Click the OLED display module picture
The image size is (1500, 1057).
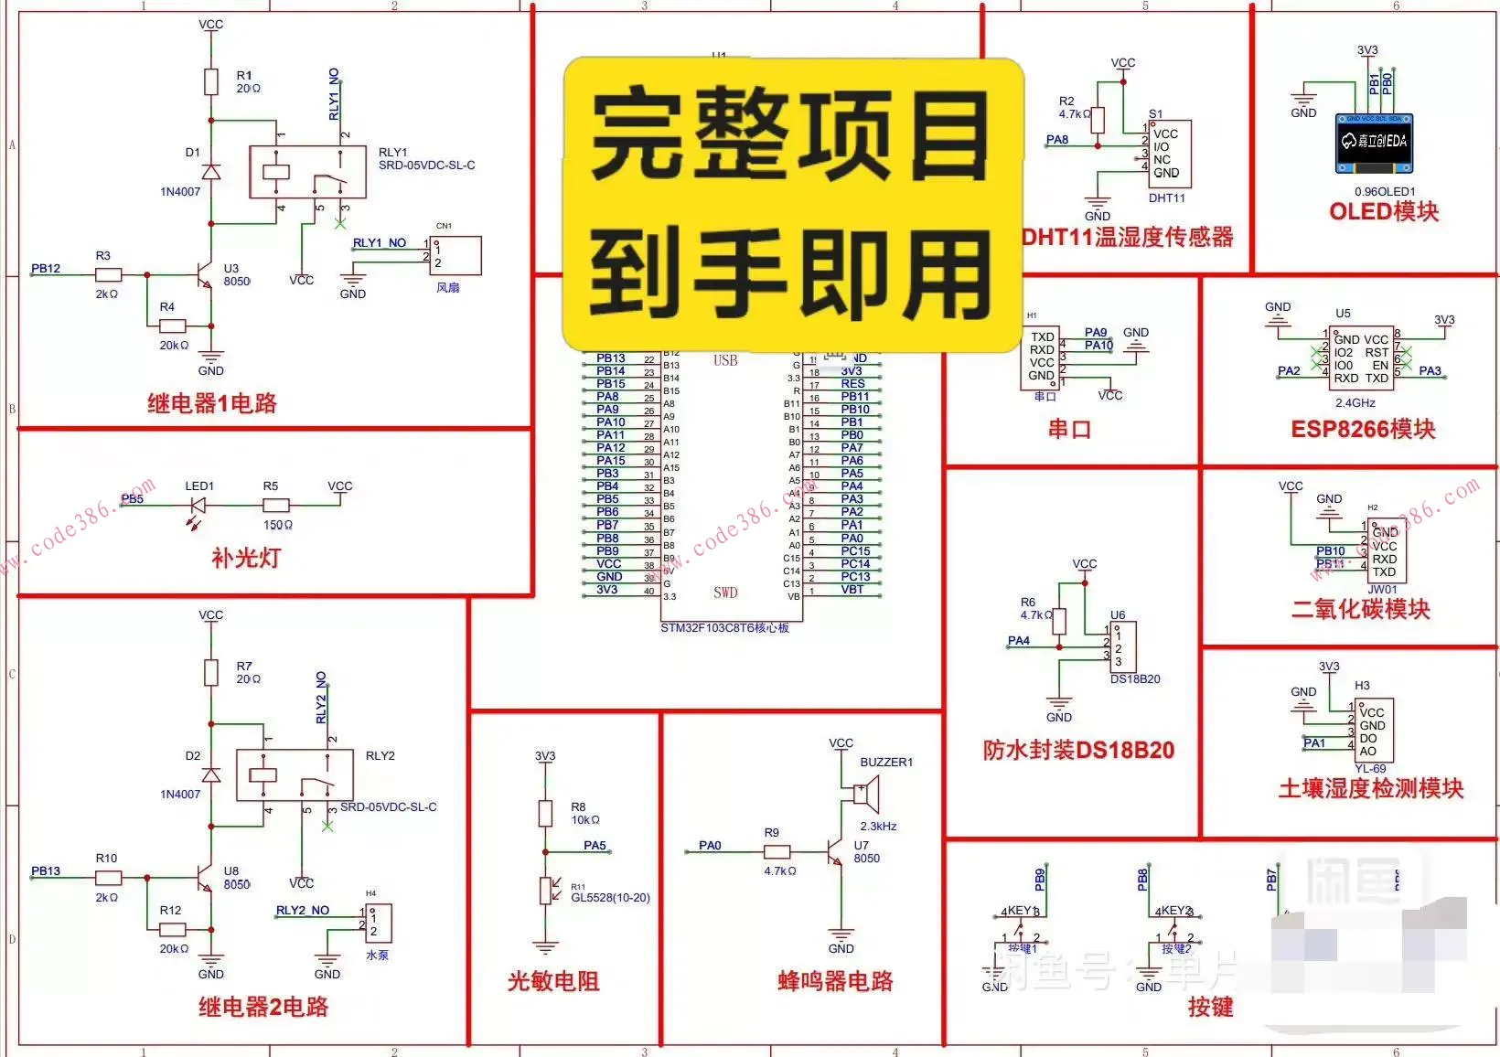[x=1374, y=143]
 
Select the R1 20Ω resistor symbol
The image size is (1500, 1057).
[x=211, y=81]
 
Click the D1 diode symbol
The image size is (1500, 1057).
[x=211, y=172]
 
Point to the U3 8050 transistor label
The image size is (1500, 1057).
[x=236, y=275]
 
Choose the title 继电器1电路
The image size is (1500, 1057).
[x=212, y=403]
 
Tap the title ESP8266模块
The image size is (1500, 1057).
[x=1363, y=429]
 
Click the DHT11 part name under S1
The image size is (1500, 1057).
[x=1166, y=198]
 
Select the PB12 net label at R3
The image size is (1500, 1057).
[x=46, y=268]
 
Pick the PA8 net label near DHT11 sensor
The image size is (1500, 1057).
[x=1057, y=140]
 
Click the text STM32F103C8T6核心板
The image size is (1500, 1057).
[x=724, y=628]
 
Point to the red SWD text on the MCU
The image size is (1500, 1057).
[x=725, y=593]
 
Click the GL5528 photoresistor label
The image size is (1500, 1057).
[x=610, y=898]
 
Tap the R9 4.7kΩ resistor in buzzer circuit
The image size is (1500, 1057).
[x=777, y=852]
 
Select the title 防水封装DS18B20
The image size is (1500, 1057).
[x=1078, y=751]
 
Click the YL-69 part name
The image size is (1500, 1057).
[x=1370, y=769]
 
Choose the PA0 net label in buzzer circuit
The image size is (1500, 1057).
[x=710, y=846]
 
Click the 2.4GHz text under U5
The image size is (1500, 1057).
[x=1355, y=402]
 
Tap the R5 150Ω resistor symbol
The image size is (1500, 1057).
[x=276, y=505]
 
